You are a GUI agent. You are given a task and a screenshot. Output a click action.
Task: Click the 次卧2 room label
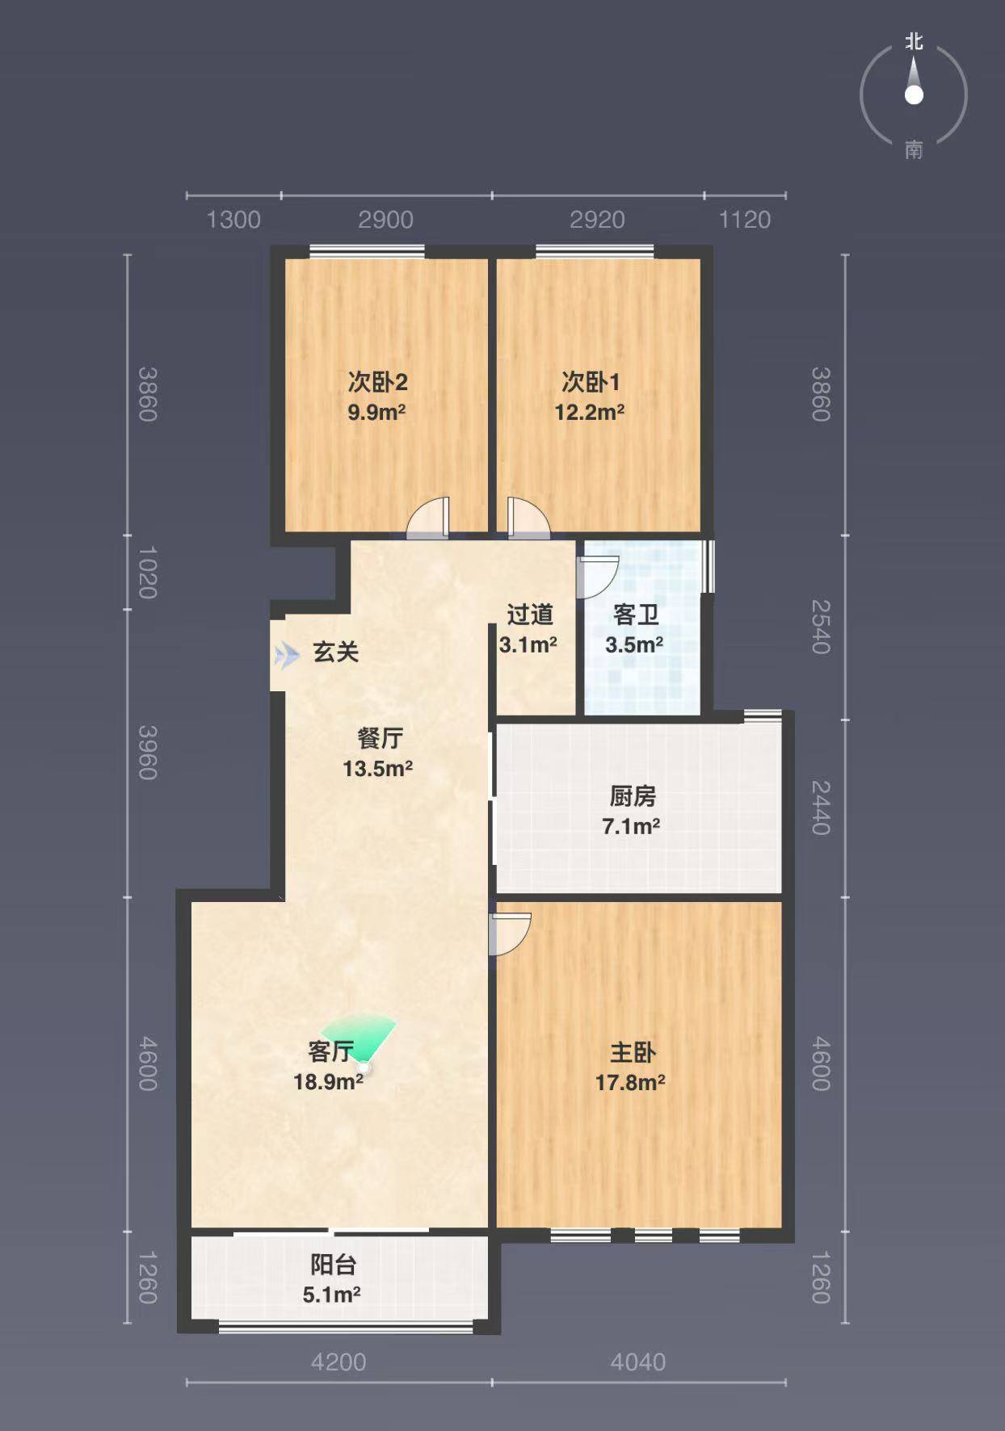point(377,381)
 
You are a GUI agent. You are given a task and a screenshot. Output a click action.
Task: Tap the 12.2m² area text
point(589,412)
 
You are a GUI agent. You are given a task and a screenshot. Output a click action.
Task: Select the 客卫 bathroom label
point(636,615)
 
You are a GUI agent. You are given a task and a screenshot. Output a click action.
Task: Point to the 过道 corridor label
point(530,615)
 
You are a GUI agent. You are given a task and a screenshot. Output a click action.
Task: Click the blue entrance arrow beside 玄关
point(286,656)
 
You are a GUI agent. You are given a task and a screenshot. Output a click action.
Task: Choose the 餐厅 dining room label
point(380,738)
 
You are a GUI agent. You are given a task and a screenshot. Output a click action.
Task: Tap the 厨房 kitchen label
point(633,796)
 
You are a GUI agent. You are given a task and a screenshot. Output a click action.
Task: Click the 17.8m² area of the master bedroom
point(630,1082)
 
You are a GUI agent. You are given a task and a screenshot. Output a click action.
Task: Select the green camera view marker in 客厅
point(360,1040)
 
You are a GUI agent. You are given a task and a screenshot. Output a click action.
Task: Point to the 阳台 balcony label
point(333,1265)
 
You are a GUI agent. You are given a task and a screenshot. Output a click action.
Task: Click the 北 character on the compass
point(914,41)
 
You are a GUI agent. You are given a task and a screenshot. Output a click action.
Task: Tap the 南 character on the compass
point(914,149)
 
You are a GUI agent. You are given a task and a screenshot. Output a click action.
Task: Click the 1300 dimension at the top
point(233,220)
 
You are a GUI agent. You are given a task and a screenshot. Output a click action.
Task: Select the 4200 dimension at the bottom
point(339,1362)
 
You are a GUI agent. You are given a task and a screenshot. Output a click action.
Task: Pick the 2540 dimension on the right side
point(821,627)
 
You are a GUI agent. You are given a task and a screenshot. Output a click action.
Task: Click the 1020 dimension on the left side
point(148,573)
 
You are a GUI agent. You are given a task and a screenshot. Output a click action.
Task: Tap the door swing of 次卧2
point(427,518)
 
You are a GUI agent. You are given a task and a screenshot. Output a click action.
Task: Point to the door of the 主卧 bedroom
point(510,934)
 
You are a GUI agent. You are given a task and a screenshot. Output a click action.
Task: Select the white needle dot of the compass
point(914,95)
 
